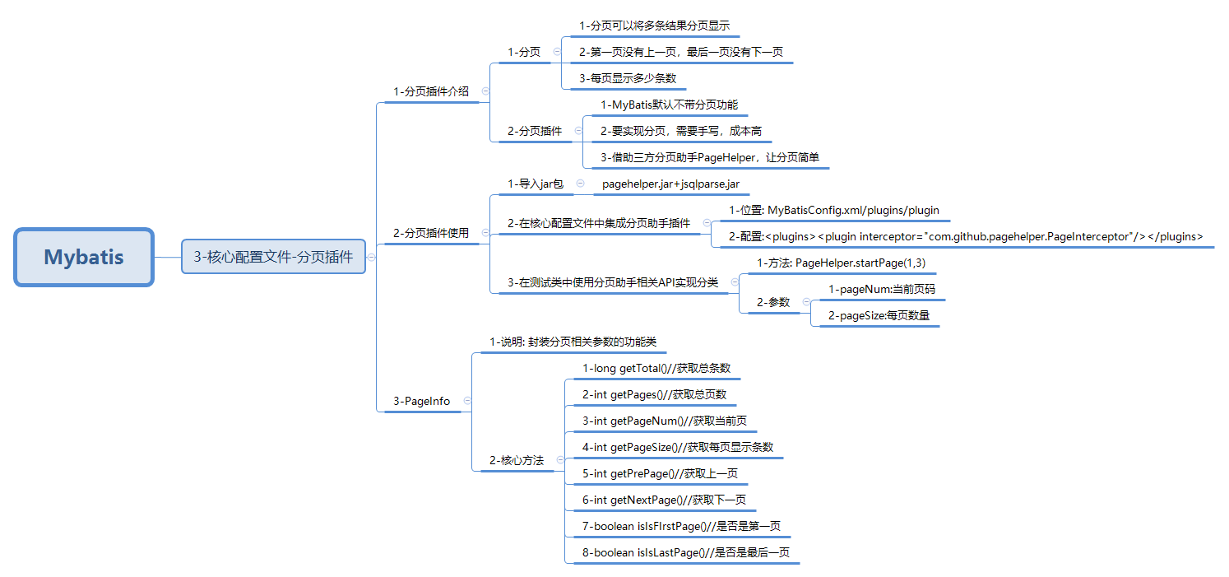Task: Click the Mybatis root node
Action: [x=84, y=257]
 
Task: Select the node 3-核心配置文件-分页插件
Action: [x=273, y=257]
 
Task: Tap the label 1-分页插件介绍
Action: [x=431, y=91]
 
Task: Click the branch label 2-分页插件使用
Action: [x=431, y=233]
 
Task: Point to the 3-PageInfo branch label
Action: [x=421, y=401]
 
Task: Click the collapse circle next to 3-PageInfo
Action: [x=467, y=401]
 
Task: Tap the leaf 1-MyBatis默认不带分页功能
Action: [x=669, y=105]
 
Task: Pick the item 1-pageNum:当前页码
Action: [x=881, y=289]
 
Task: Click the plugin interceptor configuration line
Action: [x=966, y=236]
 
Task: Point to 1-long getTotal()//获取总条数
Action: [x=656, y=368]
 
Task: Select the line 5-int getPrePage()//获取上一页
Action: [x=660, y=473]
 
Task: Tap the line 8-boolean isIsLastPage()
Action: [x=685, y=552]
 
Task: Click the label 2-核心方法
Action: [x=517, y=460]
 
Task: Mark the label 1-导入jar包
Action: [x=536, y=184]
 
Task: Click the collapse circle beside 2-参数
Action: [x=805, y=302]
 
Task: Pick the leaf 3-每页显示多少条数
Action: [x=628, y=78]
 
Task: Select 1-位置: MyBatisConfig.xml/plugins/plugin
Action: [x=834, y=210]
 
